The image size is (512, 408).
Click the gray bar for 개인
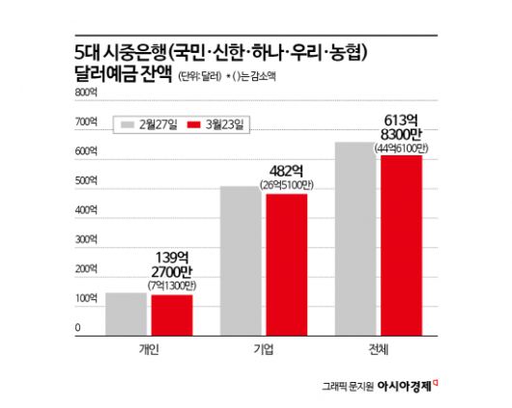tap(127, 313)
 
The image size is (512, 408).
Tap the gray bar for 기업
tap(241, 260)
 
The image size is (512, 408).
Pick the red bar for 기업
tap(286, 264)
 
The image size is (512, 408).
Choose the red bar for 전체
tap(400, 245)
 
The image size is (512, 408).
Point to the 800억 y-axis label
tap(86, 93)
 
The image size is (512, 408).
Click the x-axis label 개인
tap(149, 349)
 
